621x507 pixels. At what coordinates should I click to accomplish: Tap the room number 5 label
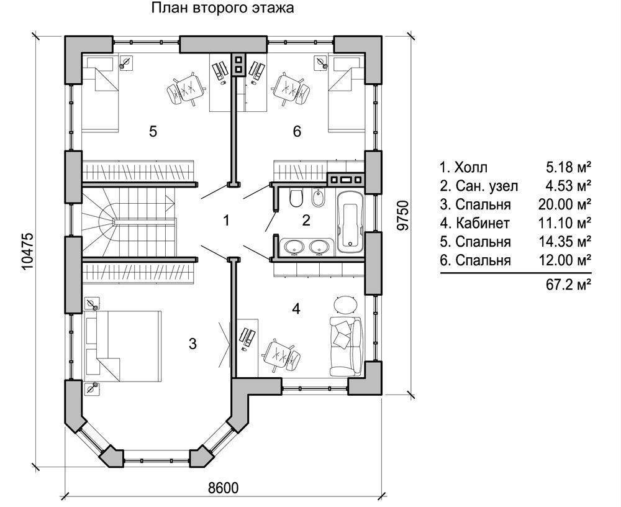[x=153, y=131]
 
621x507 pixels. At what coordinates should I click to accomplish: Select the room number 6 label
[x=297, y=131]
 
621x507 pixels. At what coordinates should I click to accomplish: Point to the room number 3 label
[x=193, y=343]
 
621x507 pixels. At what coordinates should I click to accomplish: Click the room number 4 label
[x=297, y=309]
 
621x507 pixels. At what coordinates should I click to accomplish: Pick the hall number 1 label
[x=227, y=220]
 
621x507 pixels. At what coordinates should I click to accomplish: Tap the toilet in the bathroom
[x=296, y=198]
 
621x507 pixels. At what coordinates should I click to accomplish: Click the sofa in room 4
[x=345, y=345]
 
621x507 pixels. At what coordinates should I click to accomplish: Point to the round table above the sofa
[x=345, y=304]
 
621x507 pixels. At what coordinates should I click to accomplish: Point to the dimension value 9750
[x=403, y=216]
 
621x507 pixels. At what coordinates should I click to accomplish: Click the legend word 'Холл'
[x=471, y=167]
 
